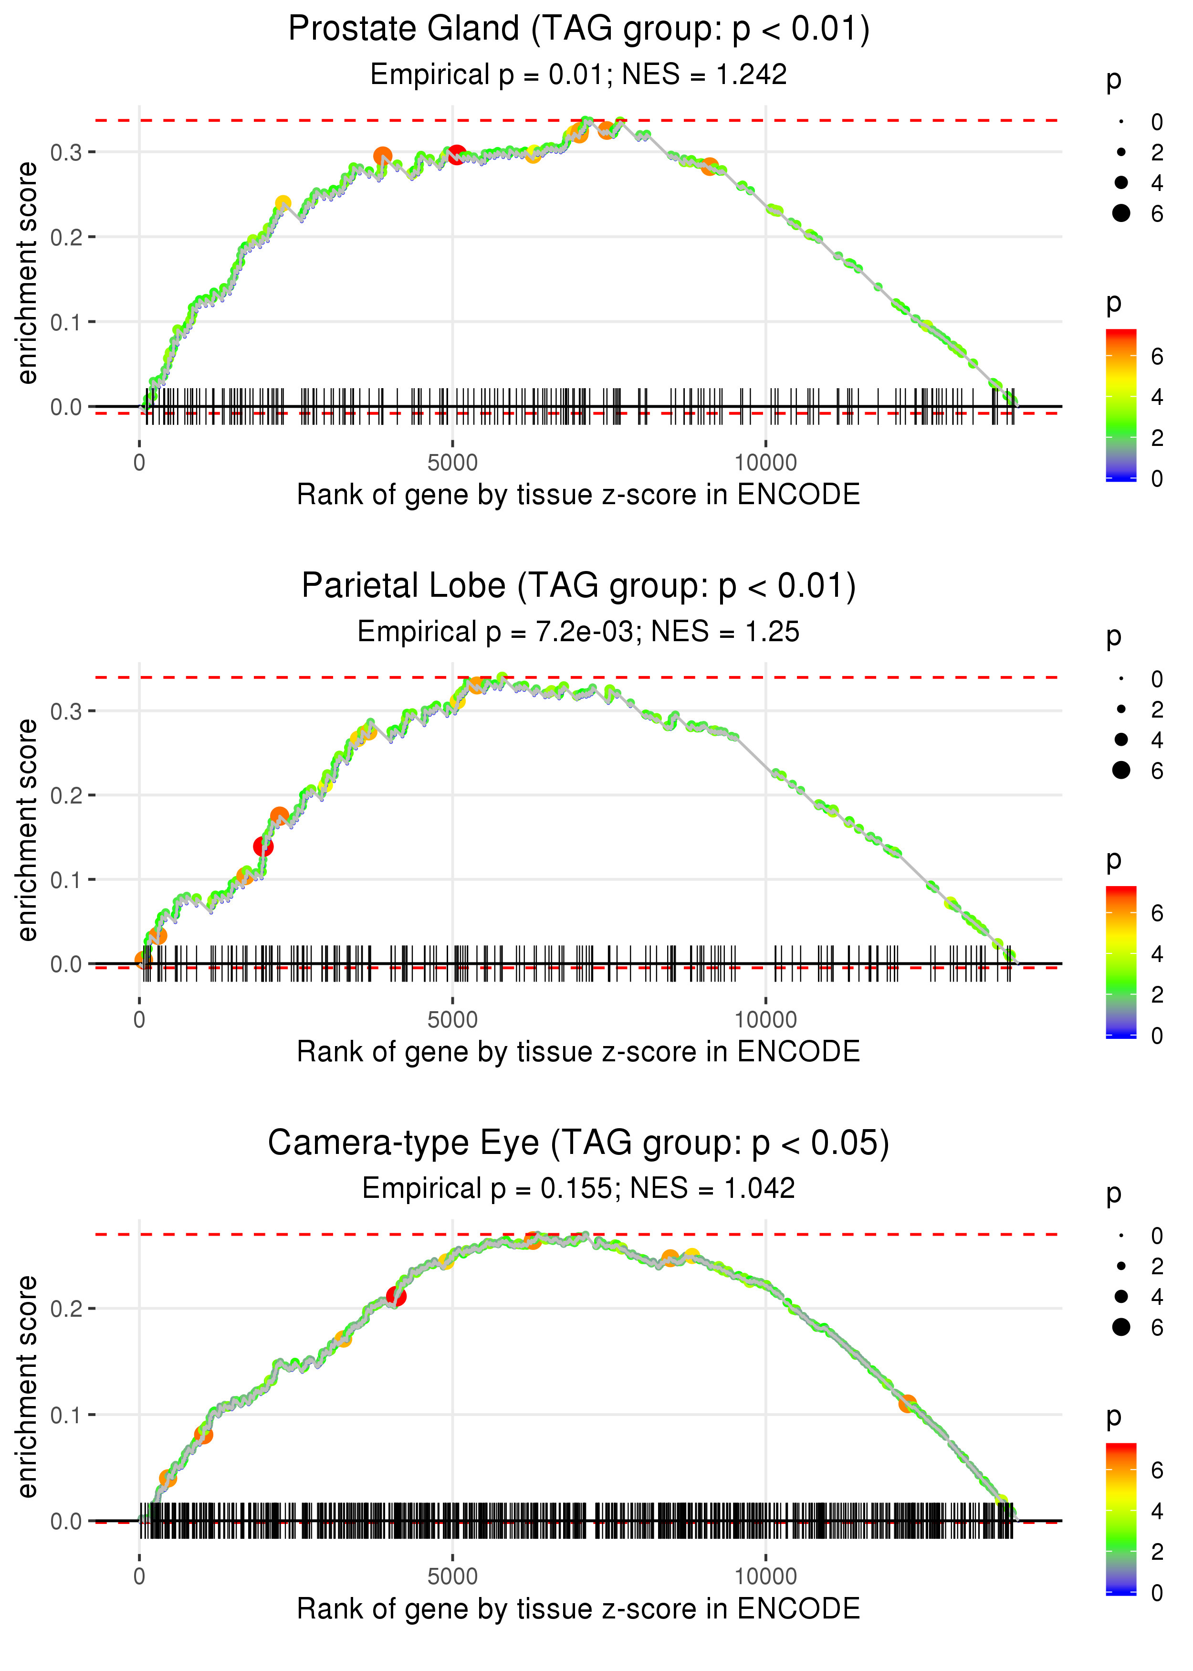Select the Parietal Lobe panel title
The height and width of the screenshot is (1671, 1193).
pyautogui.click(x=579, y=586)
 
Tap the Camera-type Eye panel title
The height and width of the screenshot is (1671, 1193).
pyautogui.click(x=579, y=1142)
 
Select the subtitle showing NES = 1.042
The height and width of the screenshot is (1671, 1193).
pyautogui.click(x=579, y=1188)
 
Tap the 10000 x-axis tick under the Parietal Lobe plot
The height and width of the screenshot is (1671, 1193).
pyautogui.click(x=765, y=1020)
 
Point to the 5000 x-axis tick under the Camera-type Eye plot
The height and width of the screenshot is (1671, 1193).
pyautogui.click(x=452, y=1576)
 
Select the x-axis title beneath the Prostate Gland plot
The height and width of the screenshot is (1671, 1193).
pyautogui.click(x=579, y=495)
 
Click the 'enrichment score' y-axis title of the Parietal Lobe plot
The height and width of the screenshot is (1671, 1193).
pyautogui.click(x=27, y=830)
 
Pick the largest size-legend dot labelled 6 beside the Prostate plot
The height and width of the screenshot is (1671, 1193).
pyautogui.click(x=1121, y=213)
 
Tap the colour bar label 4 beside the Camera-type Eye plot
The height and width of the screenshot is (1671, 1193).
pyautogui.click(x=1157, y=1512)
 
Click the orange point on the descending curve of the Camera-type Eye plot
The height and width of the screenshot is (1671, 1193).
pyautogui.click(x=908, y=1404)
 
